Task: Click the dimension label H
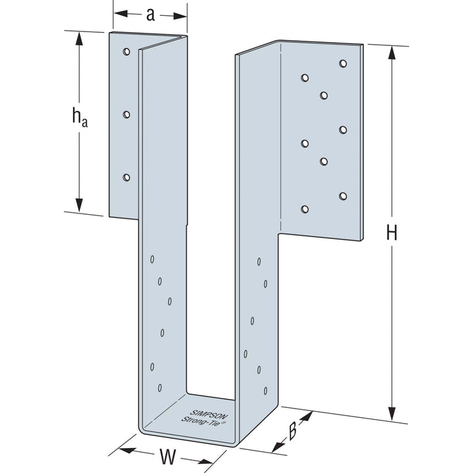tap(392, 233)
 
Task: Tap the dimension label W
tap(169, 456)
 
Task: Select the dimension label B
tap(293, 432)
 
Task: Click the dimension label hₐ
tap(79, 117)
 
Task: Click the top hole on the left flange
tap(126, 51)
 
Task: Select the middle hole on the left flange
tap(126, 114)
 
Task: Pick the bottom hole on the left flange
tap(126, 177)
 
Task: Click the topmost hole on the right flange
tap(343, 63)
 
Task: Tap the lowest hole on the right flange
tap(304, 210)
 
